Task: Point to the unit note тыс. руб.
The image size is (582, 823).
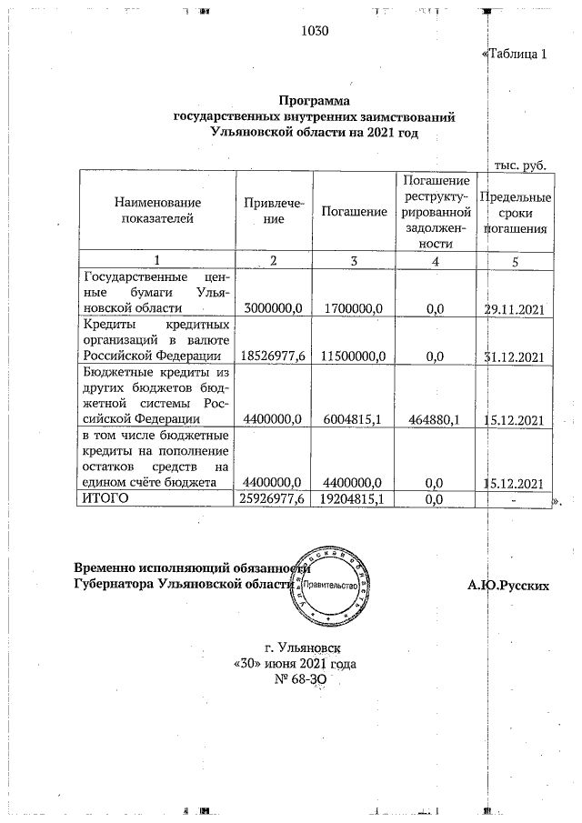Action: (519, 165)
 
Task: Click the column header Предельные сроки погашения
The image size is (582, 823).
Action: (516, 213)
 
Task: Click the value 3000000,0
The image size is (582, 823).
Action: (274, 309)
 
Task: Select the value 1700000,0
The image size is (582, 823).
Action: (355, 309)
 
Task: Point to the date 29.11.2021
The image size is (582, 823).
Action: (516, 309)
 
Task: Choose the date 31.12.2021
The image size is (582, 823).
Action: (516, 356)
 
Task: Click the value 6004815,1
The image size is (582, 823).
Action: (355, 419)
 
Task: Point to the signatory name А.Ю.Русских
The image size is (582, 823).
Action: (508, 586)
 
